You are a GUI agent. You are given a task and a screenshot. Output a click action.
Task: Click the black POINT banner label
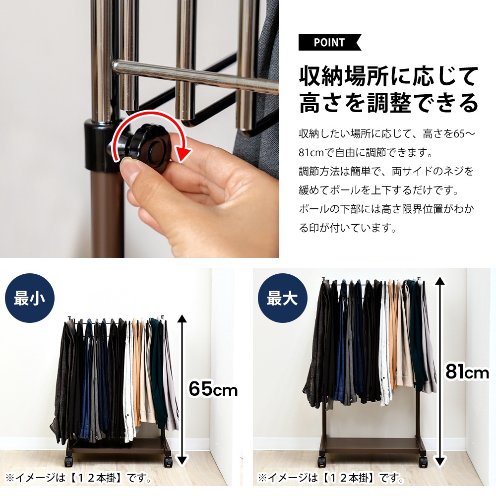point(329,42)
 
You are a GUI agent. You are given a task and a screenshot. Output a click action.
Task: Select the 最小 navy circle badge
point(29,298)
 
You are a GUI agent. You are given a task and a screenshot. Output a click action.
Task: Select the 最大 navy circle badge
point(283,298)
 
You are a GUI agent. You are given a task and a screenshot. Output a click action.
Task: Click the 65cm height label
point(213,388)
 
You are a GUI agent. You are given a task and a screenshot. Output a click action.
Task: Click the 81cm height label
point(467,371)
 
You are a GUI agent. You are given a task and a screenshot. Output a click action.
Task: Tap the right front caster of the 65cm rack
point(168,462)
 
